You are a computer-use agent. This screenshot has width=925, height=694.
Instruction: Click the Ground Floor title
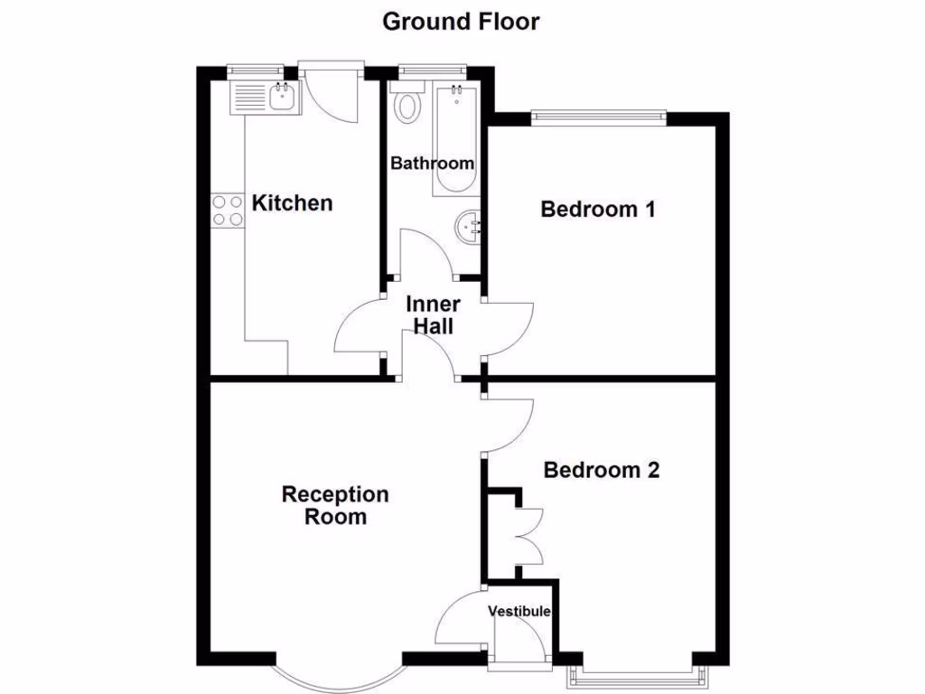(x=461, y=21)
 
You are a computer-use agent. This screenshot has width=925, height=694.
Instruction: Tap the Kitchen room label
(x=292, y=202)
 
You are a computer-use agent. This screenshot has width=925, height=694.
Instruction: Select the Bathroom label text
(x=432, y=164)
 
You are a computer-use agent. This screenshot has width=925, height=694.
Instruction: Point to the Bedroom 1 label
(x=597, y=210)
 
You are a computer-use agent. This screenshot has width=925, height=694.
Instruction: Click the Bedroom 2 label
(x=601, y=470)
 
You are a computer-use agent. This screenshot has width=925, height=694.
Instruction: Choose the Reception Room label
(x=335, y=505)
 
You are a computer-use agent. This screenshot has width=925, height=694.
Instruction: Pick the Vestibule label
(x=519, y=612)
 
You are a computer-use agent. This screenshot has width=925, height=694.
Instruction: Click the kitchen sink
(x=263, y=96)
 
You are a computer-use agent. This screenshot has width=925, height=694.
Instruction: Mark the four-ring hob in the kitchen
(x=228, y=211)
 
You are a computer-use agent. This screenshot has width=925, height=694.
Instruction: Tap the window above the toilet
(x=432, y=68)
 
